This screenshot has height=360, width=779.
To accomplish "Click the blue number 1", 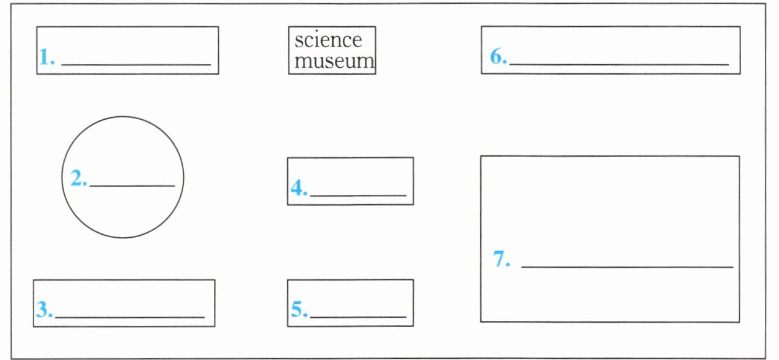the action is click(x=45, y=57).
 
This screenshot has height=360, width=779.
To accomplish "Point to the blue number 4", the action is click(x=297, y=188).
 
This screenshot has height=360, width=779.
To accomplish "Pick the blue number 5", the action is click(x=297, y=310).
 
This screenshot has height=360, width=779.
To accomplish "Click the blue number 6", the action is click(x=497, y=57).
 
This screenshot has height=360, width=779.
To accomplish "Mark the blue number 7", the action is click(x=501, y=260).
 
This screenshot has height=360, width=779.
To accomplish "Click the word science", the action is click(x=328, y=40).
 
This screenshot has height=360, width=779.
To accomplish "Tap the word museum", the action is click(x=334, y=61).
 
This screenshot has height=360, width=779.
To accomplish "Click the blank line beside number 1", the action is click(x=136, y=64).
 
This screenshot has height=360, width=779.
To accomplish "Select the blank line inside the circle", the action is click(x=132, y=185).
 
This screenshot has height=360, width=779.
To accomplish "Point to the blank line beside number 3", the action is click(x=130, y=317).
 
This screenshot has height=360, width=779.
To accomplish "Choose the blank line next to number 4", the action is click(x=358, y=196).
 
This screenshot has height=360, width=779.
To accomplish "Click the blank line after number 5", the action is click(x=358, y=317).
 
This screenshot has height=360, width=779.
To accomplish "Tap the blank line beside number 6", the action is click(x=619, y=64).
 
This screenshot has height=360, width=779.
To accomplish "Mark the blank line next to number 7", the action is click(x=627, y=267).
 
